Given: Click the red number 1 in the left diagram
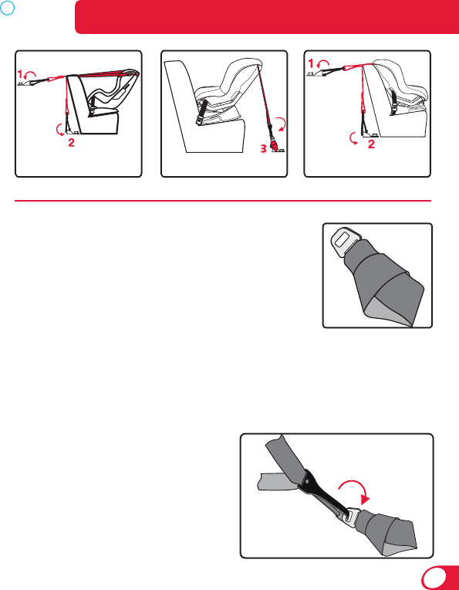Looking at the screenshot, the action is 20,73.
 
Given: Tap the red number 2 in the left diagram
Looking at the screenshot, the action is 71,143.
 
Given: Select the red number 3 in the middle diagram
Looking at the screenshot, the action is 264,149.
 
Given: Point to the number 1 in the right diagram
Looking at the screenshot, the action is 311,64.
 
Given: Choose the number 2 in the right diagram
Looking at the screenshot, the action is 371,144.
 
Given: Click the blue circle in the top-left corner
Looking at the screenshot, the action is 7,7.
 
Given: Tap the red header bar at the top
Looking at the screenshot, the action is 267,17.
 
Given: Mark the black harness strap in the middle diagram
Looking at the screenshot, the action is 201,112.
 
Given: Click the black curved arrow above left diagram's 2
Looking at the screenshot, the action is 59,131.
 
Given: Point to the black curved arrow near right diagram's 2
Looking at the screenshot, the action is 353,138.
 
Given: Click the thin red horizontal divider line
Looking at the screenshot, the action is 222,201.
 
